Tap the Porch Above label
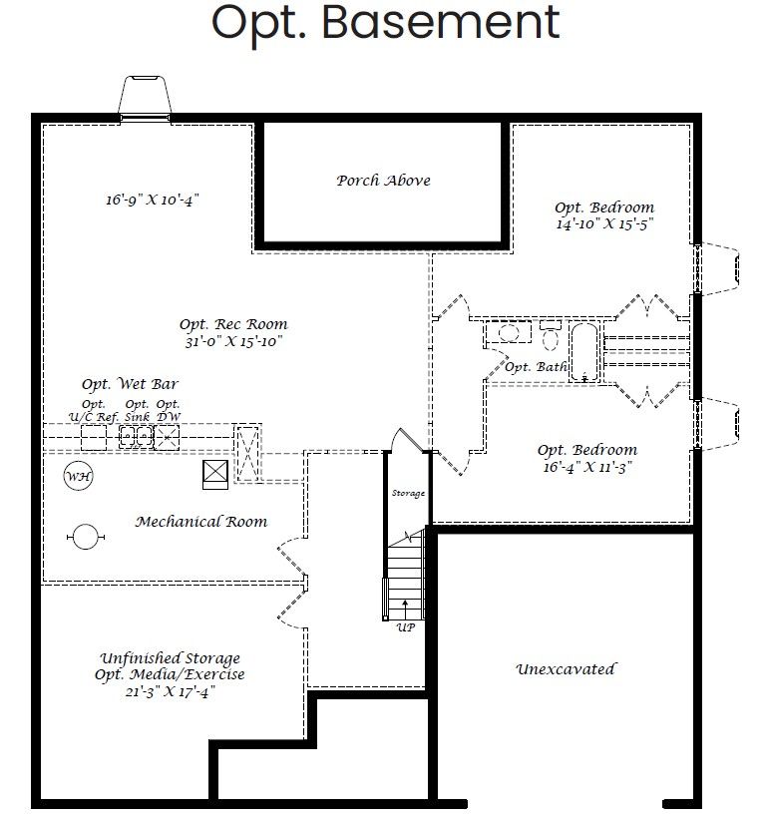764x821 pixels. tap(383, 181)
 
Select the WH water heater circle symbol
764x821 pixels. tap(79, 477)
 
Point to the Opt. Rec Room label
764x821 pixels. tap(233, 324)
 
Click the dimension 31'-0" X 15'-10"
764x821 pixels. tap(233, 341)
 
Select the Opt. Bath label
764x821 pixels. tap(536, 367)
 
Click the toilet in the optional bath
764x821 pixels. tap(551, 334)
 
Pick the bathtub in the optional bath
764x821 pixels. tap(584, 351)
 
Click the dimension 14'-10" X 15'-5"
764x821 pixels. tap(604, 224)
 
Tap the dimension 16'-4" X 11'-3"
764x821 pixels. tap(586, 466)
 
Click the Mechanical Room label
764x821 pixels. tap(201, 521)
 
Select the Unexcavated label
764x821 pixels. tap(566, 669)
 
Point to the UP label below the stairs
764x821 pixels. tap(405, 627)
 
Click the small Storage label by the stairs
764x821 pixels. tap(407, 494)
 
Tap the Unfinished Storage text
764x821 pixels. tap(170, 658)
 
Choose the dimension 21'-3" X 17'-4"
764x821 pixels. tap(170, 691)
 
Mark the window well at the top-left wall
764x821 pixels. tap(144, 97)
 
